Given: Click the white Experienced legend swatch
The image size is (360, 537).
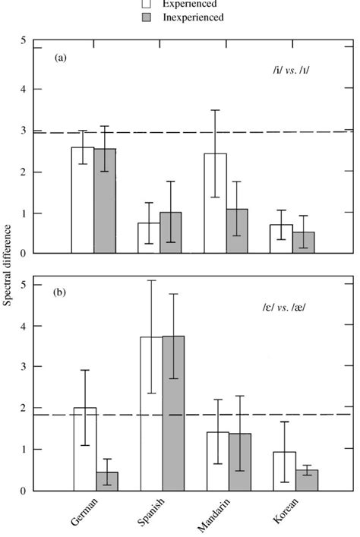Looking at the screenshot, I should pos(147,5).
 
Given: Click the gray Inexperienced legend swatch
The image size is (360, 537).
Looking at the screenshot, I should pos(147,17).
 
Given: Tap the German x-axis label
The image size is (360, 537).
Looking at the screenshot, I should pos(86,516).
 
